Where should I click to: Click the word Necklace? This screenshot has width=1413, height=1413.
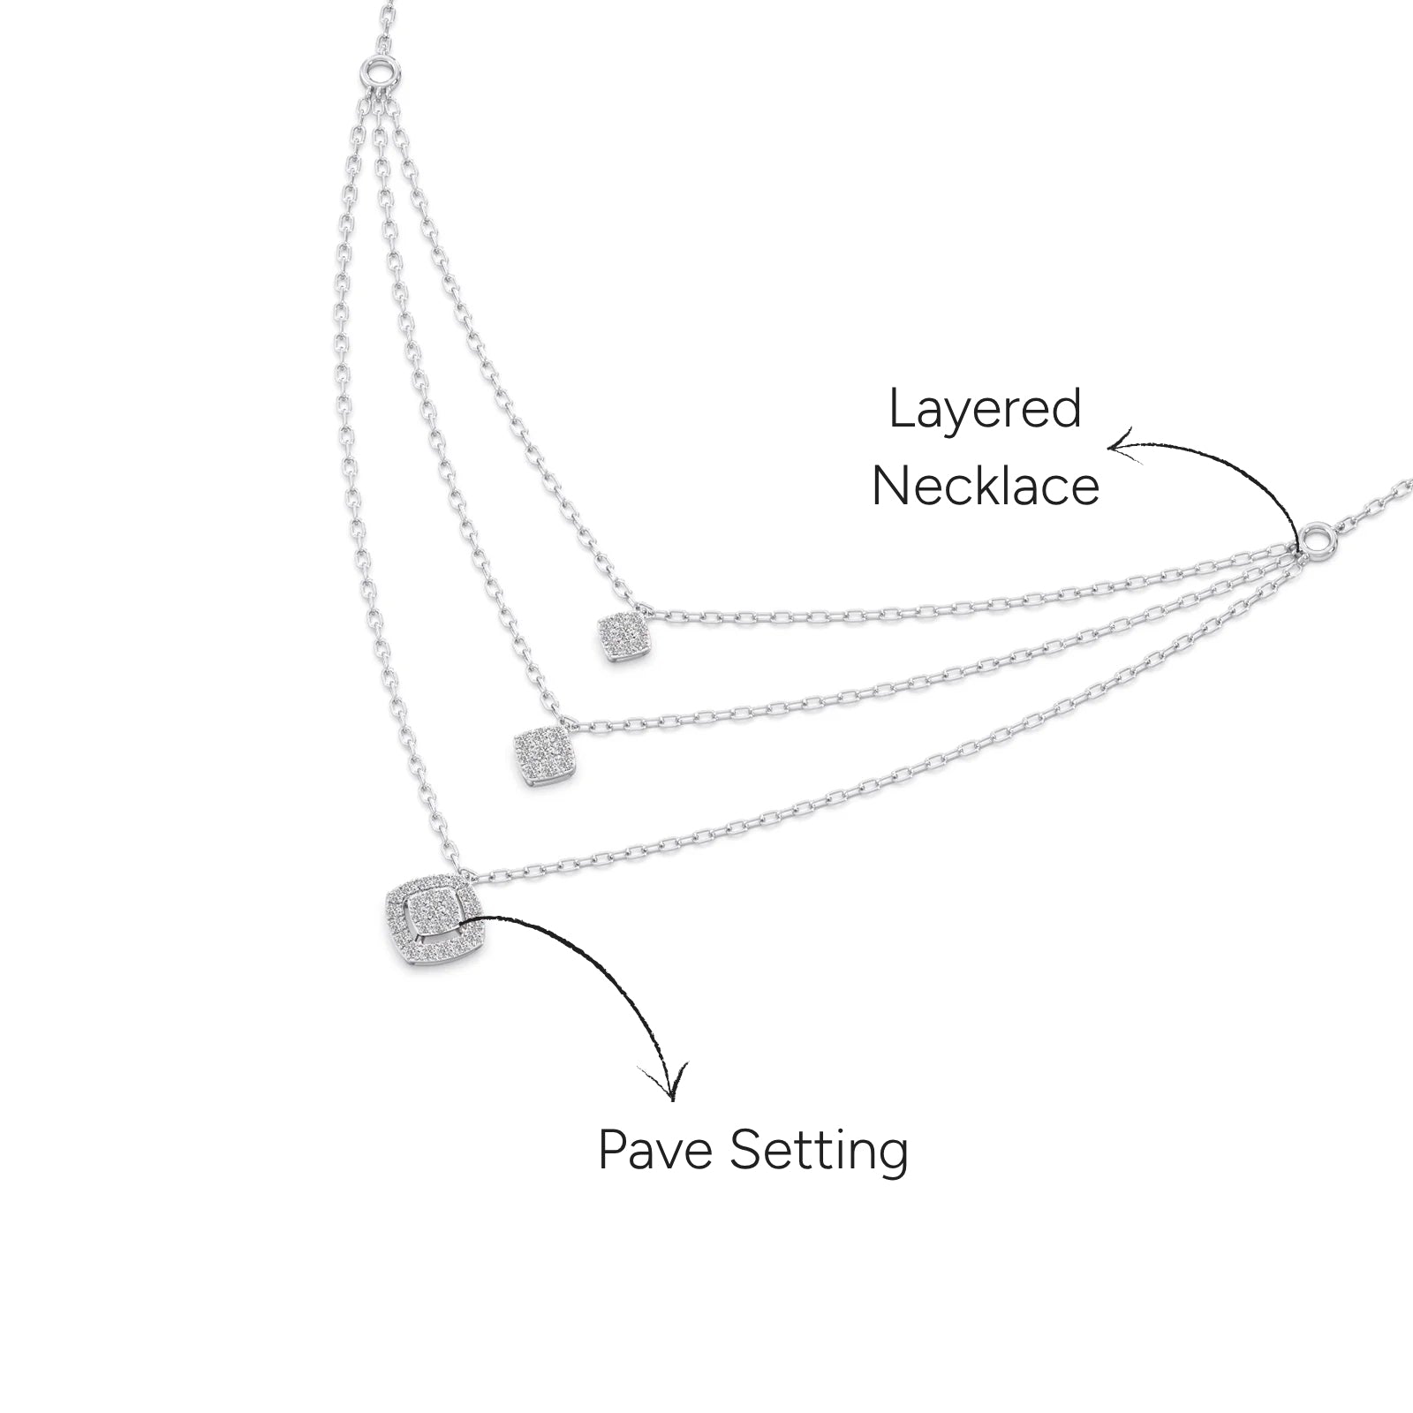click(986, 486)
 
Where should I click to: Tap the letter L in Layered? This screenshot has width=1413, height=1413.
click(902, 409)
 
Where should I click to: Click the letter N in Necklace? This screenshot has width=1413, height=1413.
click(889, 486)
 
